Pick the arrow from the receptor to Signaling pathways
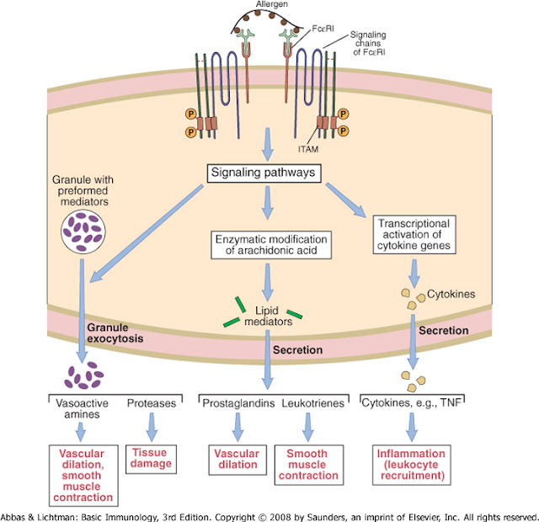pyautogui.click(x=266, y=142)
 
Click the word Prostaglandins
pyautogui.click(x=232, y=402)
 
